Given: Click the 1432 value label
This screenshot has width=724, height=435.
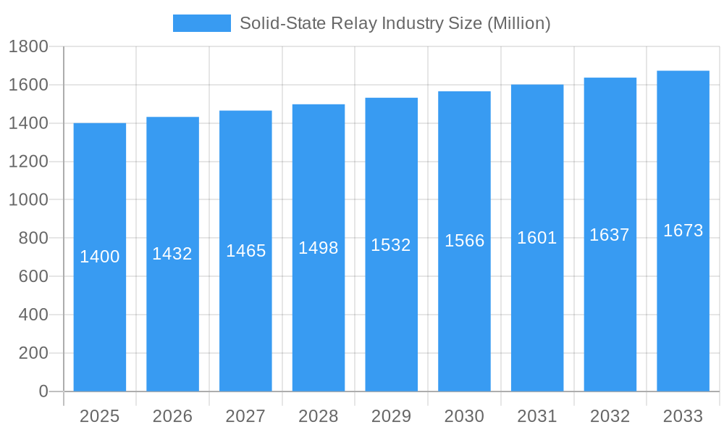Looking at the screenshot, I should (172, 254).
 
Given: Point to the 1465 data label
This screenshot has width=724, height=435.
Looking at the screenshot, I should (246, 251).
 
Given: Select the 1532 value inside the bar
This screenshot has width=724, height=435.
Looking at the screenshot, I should (391, 245).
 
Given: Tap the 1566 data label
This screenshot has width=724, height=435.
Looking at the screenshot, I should (464, 241).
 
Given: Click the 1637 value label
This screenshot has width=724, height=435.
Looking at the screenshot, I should (610, 235).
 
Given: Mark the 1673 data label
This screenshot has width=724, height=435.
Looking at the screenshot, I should (683, 231).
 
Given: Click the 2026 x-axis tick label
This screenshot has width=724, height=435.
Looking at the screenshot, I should (172, 416).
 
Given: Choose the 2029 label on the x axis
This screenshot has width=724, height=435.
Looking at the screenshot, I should (391, 416).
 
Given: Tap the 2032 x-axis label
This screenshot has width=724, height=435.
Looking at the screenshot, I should (610, 416).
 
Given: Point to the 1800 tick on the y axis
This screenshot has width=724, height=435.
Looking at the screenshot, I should (28, 47).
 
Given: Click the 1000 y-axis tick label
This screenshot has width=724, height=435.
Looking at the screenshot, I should (28, 200).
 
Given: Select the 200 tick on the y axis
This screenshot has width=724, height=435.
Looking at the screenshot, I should (33, 353).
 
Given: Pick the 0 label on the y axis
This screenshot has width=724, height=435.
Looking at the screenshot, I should (43, 391).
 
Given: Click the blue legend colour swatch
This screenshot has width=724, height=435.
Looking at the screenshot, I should (201, 23).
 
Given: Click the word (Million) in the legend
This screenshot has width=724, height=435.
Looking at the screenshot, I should (518, 23).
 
